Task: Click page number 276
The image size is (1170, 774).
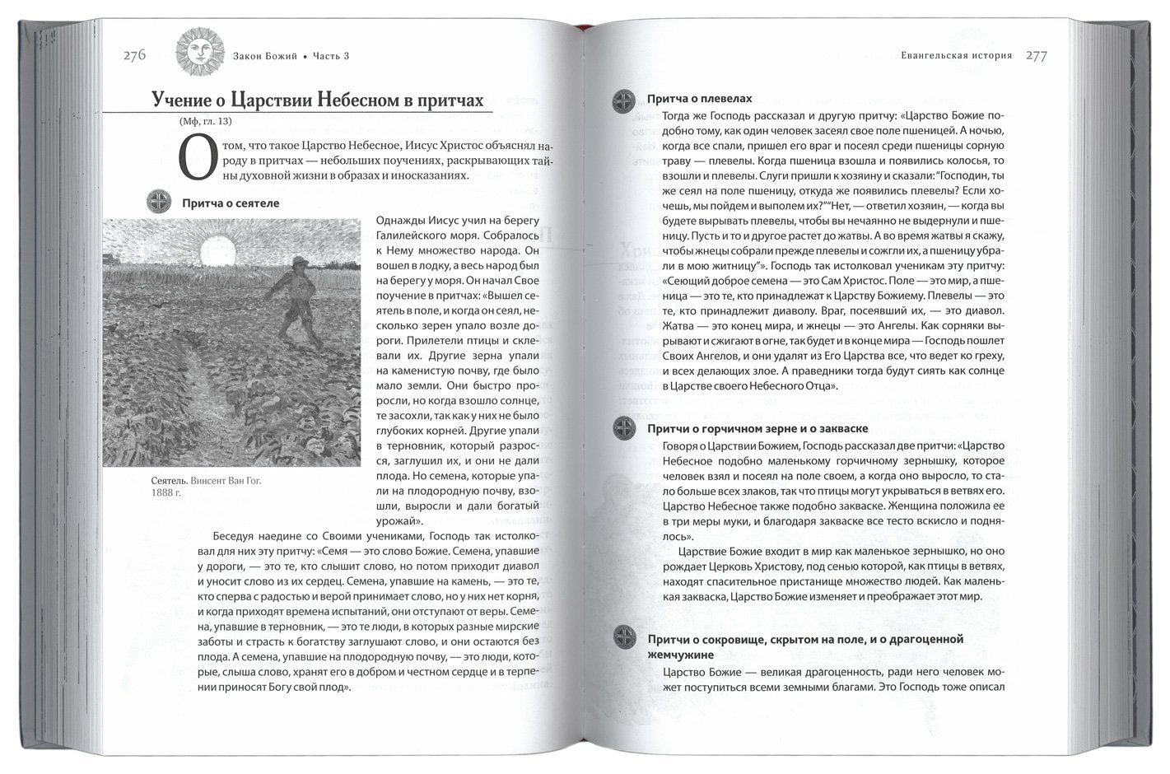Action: (x=134, y=55)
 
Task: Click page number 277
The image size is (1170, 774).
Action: (x=1036, y=55)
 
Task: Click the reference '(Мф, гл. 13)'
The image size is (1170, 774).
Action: (x=204, y=122)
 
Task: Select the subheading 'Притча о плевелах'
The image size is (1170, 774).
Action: (x=699, y=98)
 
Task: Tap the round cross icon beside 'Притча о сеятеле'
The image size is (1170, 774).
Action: (x=157, y=202)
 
